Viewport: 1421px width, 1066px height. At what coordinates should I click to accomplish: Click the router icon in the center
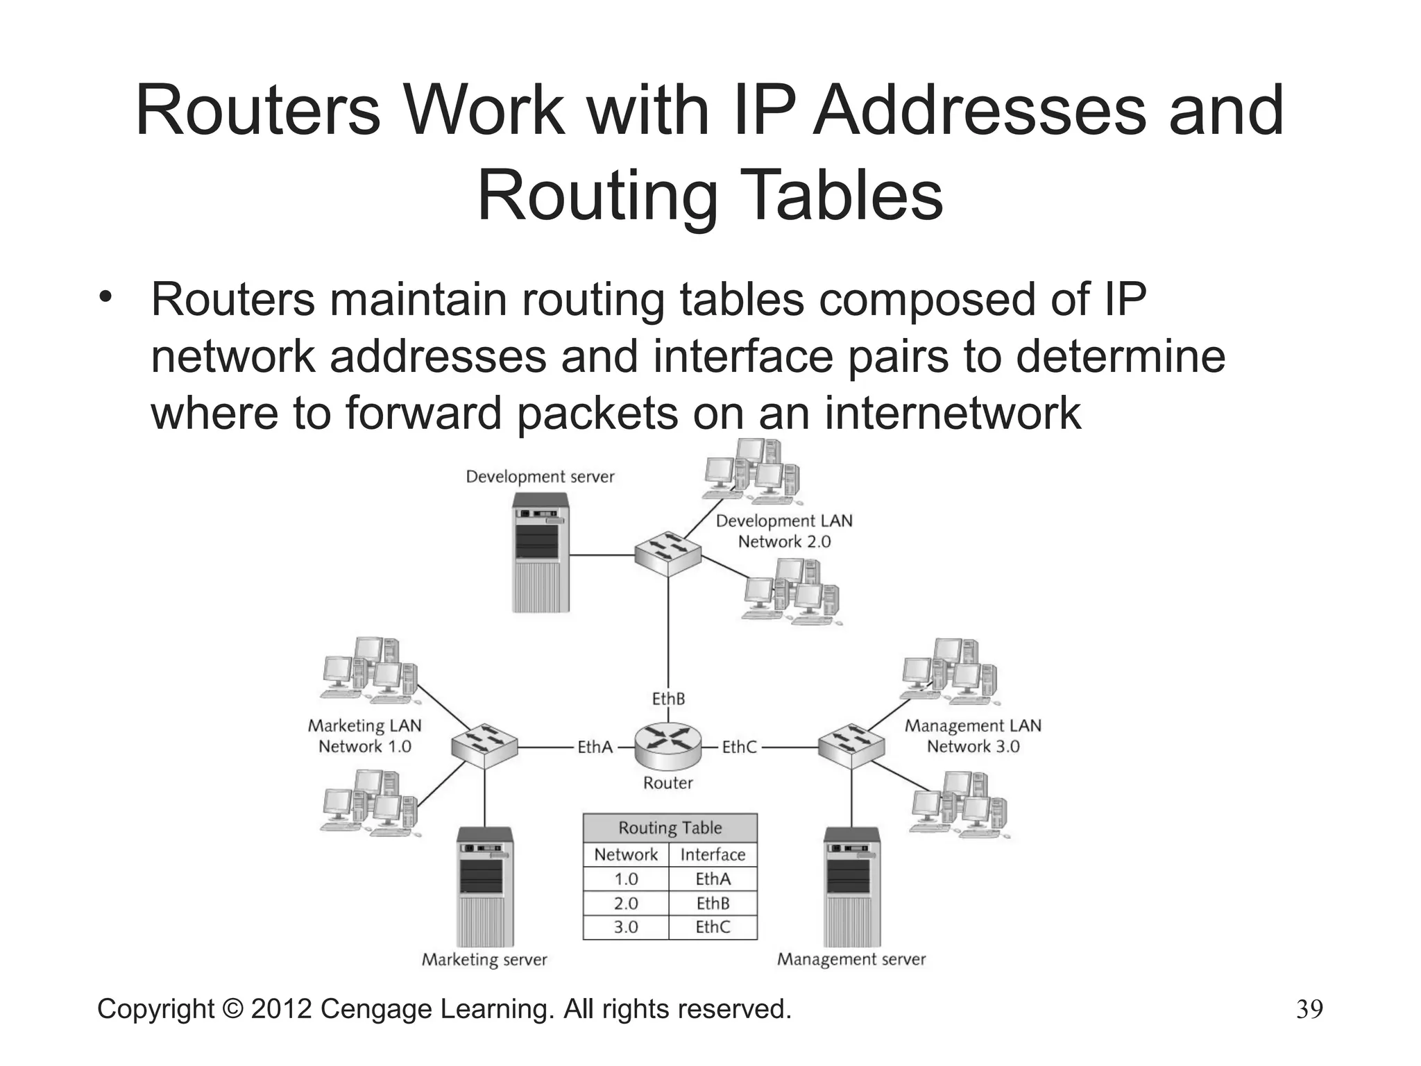point(667,746)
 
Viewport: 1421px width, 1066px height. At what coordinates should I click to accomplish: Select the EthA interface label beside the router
point(595,747)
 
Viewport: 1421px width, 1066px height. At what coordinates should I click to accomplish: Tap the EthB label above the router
point(668,698)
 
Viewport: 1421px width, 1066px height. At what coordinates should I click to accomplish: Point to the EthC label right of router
point(739,747)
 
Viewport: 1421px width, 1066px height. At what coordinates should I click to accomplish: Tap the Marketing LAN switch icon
point(484,746)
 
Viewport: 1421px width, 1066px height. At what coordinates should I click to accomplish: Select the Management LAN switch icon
point(851,746)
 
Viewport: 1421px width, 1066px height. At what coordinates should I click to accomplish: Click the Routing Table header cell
point(670,827)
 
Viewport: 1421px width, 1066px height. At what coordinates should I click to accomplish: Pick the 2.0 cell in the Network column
point(626,903)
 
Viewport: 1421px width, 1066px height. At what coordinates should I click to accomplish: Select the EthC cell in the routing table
point(713,927)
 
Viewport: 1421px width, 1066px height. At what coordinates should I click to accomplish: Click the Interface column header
point(713,854)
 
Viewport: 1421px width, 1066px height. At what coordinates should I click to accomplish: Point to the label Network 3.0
point(973,747)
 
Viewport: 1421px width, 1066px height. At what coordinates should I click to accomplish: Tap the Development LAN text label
point(784,521)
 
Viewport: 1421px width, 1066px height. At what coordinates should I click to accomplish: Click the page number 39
point(1309,1009)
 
